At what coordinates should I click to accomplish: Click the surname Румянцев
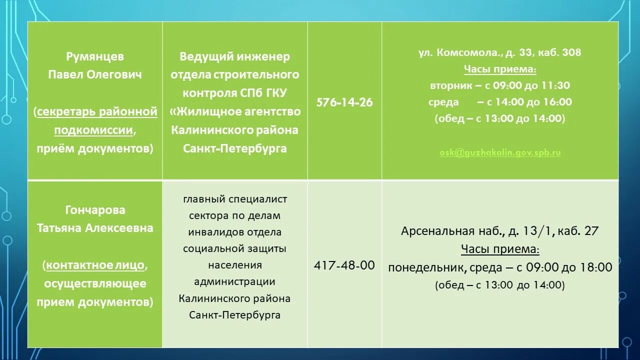(x=95, y=56)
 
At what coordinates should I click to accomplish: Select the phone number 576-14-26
(x=344, y=102)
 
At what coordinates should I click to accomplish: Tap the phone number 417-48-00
(x=344, y=265)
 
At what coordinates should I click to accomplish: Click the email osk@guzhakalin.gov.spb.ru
(x=500, y=152)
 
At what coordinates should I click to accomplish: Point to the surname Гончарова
(x=95, y=210)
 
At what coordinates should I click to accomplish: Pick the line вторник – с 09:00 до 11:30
(x=500, y=85)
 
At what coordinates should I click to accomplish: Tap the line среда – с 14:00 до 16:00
(x=500, y=102)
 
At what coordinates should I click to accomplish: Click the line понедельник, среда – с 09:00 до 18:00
(x=500, y=267)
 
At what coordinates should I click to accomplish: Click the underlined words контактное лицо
(x=95, y=265)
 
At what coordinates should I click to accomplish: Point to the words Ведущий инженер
(x=235, y=57)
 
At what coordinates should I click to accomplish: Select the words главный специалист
(x=235, y=199)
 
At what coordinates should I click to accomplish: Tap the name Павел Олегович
(x=95, y=74)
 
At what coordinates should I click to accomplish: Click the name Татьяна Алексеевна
(x=95, y=228)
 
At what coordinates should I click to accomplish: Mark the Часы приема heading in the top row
(x=500, y=69)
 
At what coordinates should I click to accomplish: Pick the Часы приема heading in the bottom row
(x=500, y=249)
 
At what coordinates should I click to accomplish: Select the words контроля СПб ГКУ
(x=235, y=93)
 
